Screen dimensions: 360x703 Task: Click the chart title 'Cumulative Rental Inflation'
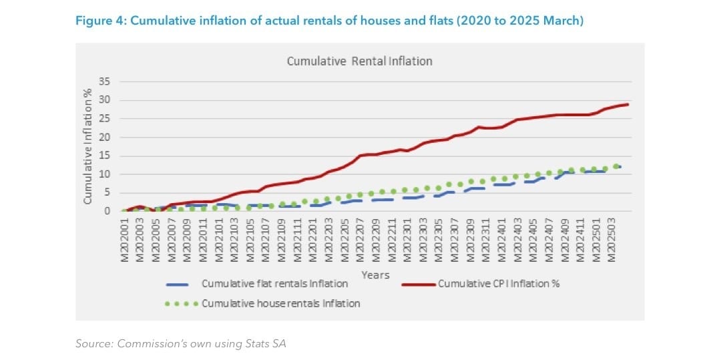pos(359,61)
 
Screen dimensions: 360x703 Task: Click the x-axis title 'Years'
pos(375,275)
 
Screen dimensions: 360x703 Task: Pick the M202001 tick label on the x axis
pos(125,240)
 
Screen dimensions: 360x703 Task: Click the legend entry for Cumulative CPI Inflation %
pos(498,284)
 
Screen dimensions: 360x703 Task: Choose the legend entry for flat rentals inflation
pos(274,284)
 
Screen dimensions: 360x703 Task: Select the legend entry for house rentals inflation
pos(280,303)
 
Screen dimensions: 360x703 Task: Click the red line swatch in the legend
pos(419,284)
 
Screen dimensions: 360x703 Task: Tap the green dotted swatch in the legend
pos(181,304)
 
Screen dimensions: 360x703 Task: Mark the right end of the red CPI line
pos(628,104)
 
